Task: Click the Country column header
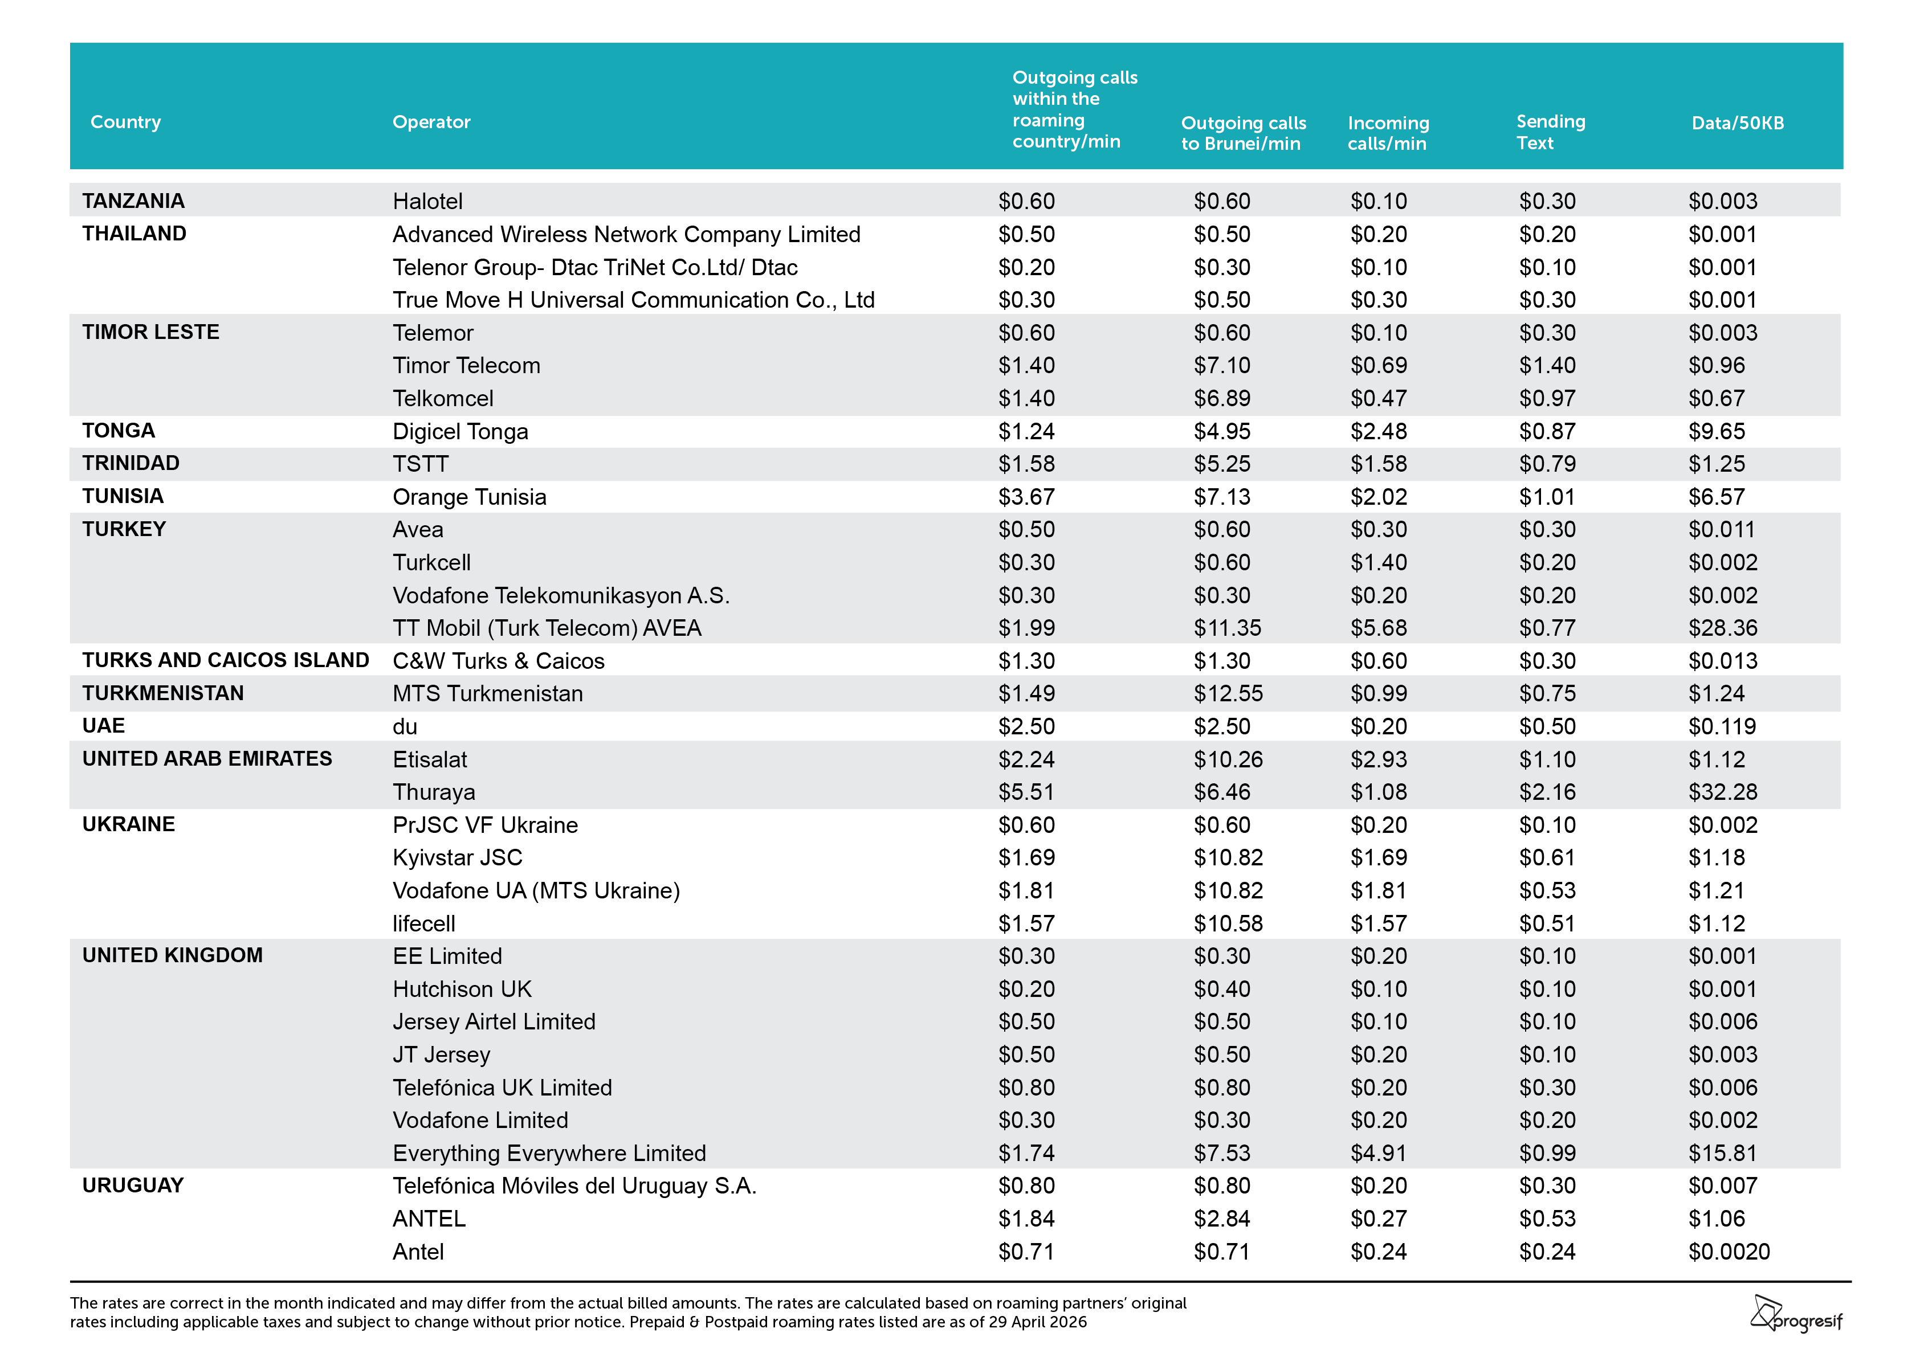pyautogui.click(x=125, y=122)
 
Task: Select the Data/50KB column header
pyautogui.click(x=1738, y=123)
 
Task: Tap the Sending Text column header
pyautogui.click(x=1550, y=132)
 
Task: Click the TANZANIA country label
pyautogui.click(x=133, y=201)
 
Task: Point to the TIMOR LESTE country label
pyautogui.click(x=150, y=332)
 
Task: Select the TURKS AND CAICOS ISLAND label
pyautogui.click(x=226, y=660)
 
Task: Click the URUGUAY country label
pyautogui.click(x=133, y=1185)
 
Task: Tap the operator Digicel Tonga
pyautogui.click(x=461, y=431)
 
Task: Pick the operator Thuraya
pyautogui.click(x=434, y=792)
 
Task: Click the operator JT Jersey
pyautogui.click(x=442, y=1054)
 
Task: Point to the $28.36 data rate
pyautogui.click(x=1723, y=628)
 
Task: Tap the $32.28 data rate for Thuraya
pyautogui.click(x=1723, y=792)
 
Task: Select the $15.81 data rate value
pyautogui.click(x=1723, y=1153)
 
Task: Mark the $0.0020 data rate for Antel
pyautogui.click(x=1729, y=1252)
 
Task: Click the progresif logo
pyautogui.click(x=1796, y=1314)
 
